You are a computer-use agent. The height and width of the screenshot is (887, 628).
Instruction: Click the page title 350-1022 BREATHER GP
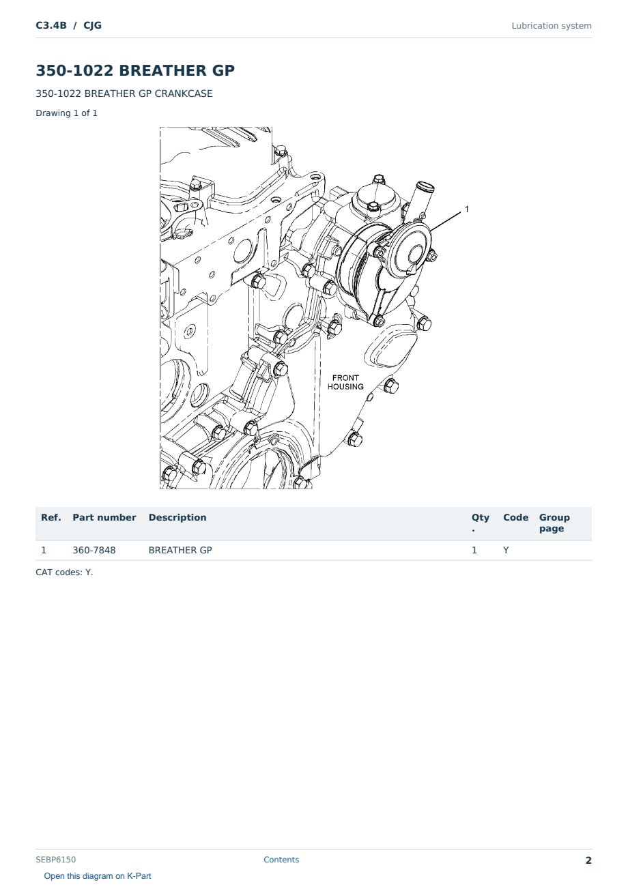pyautogui.click(x=135, y=70)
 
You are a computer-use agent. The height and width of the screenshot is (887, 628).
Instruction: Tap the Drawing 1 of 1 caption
pyautogui.click(x=67, y=113)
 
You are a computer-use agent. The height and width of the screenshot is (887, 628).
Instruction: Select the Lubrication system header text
pyautogui.click(x=552, y=26)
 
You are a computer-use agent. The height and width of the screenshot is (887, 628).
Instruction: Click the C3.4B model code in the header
pyautogui.click(x=51, y=25)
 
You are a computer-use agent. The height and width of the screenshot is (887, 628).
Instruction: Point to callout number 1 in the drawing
pyautogui.click(x=467, y=209)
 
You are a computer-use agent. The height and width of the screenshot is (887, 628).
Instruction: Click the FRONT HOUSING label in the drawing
pyautogui.click(x=345, y=382)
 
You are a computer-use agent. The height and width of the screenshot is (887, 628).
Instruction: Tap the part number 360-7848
pyautogui.click(x=94, y=550)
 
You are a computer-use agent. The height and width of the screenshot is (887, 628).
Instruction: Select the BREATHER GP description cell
pyautogui.click(x=180, y=550)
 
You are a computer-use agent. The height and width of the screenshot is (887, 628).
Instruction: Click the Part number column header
pyautogui.click(x=104, y=518)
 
